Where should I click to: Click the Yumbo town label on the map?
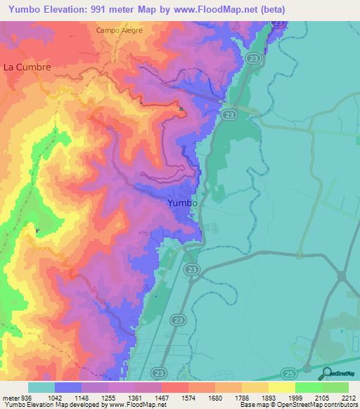[183, 203]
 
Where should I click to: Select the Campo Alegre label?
[120, 31]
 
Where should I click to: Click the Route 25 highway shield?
[288, 372]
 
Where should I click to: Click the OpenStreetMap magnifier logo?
[326, 373]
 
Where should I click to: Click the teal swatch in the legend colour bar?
[41, 387]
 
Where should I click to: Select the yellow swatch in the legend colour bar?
[282, 387]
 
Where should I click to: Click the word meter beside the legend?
[10, 397]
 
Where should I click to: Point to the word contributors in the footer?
[340, 405]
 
